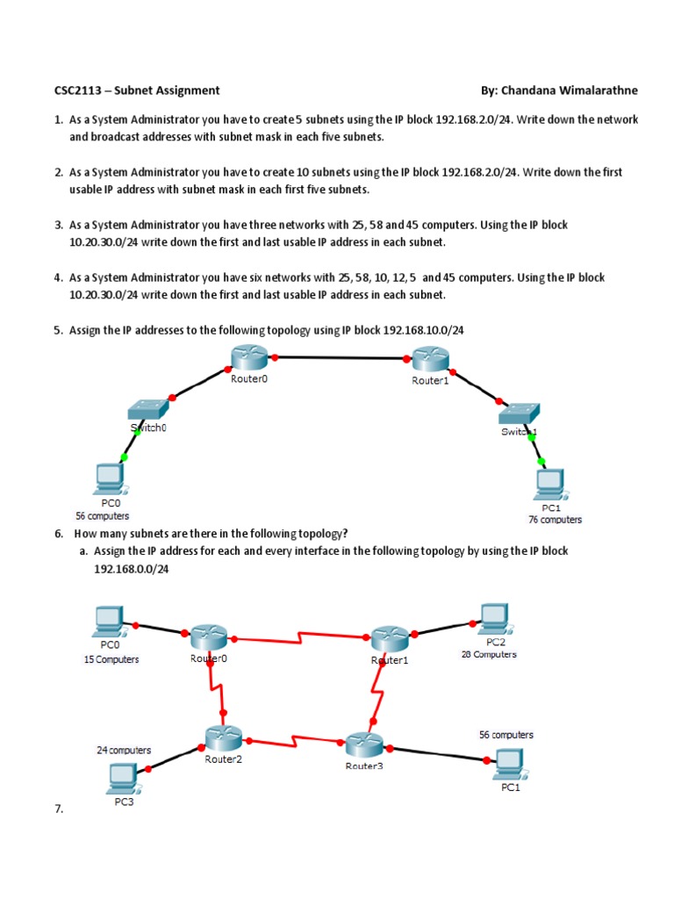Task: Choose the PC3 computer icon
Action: click(x=122, y=777)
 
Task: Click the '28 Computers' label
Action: click(x=489, y=654)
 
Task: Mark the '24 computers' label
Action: click(x=124, y=751)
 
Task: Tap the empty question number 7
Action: click(x=59, y=809)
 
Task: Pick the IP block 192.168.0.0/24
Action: click(x=131, y=569)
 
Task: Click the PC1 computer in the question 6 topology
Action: click(x=506, y=761)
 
